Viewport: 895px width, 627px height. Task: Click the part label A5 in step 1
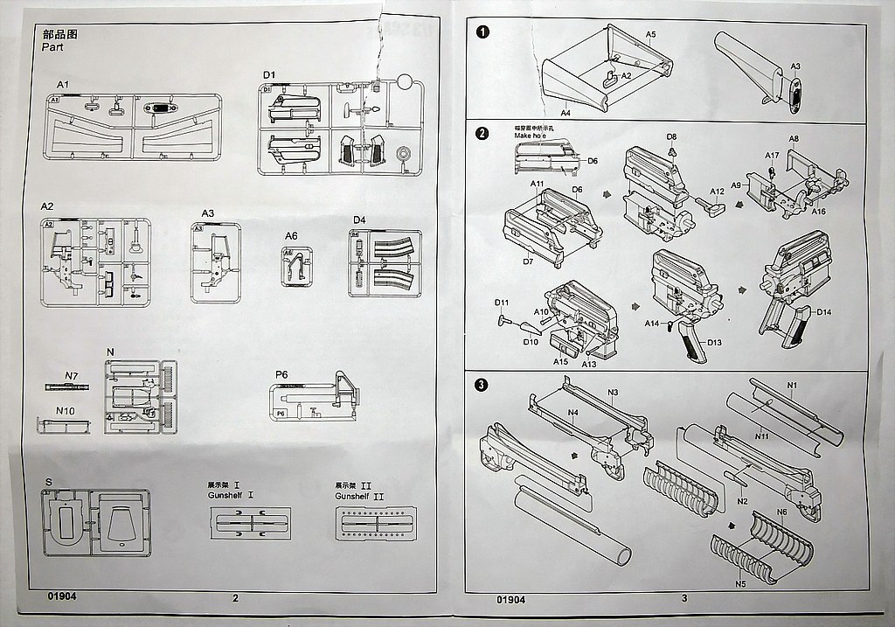click(650, 34)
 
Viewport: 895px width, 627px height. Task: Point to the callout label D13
click(713, 342)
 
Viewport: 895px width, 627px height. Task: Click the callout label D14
click(824, 311)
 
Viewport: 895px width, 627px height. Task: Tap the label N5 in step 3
click(739, 584)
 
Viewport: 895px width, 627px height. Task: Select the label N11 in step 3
click(761, 435)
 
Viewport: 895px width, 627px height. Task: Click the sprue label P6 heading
click(281, 374)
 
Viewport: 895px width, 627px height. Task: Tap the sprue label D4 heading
click(359, 219)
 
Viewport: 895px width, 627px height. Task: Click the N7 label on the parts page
click(72, 376)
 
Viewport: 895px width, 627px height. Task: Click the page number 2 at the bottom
click(236, 599)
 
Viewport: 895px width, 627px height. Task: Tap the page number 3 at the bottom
click(683, 599)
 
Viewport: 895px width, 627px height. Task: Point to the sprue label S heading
click(48, 482)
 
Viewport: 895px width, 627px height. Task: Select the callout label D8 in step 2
click(671, 137)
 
